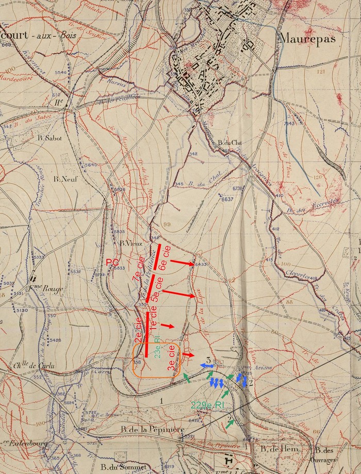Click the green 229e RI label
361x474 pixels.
(x=203, y=405)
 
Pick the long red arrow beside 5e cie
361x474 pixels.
(x=180, y=294)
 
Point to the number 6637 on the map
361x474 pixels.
(x=227, y=199)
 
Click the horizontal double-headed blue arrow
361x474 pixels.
(x=208, y=365)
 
